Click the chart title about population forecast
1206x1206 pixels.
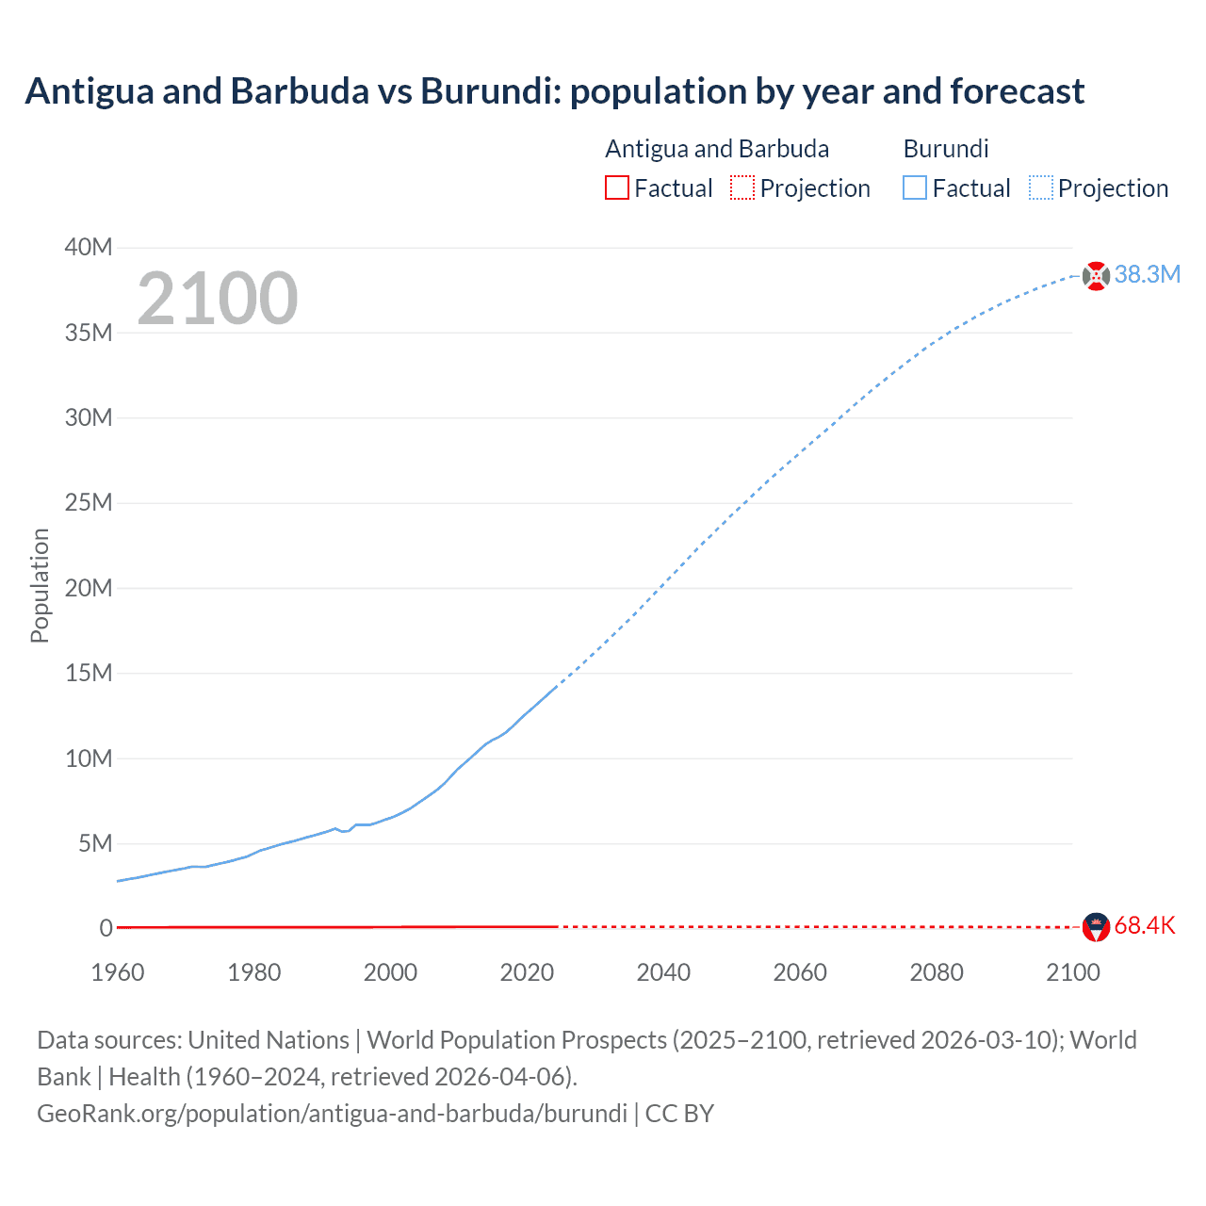point(554,91)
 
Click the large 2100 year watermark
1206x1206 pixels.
point(218,299)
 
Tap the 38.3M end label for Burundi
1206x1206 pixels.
point(1147,274)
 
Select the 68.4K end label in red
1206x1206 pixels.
point(1145,925)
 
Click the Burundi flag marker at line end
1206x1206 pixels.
point(1096,276)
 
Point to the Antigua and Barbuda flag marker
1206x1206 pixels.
point(1096,927)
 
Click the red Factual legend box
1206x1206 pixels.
point(616,187)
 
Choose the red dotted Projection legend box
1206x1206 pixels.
point(742,187)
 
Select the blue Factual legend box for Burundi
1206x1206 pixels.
point(914,187)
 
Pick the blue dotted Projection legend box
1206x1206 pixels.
point(1041,187)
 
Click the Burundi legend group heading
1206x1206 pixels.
point(946,149)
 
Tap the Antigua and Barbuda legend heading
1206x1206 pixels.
point(717,149)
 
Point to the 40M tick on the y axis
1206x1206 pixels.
point(89,247)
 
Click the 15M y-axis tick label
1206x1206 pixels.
point(89,673)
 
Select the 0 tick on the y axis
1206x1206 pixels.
point(106,928)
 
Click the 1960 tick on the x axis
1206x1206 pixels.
point(118,972)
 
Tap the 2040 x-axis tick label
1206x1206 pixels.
point(663,972)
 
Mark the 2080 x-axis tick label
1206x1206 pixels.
point(937,972)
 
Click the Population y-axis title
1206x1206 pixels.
point(40,585)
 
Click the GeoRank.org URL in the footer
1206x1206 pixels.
point(332,1114)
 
